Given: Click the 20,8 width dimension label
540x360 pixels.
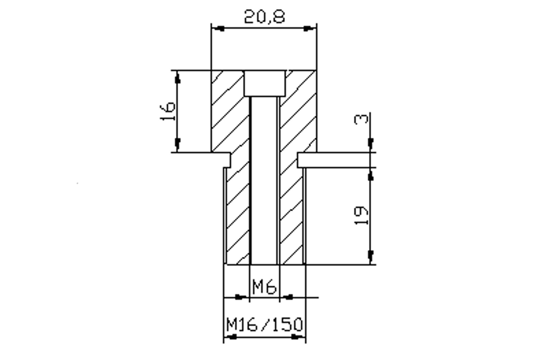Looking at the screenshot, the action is click(x=264, y=17).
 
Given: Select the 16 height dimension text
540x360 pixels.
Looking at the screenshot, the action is click(x=167, y=111).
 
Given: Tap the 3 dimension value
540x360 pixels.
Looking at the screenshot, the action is click(x=361, y=119).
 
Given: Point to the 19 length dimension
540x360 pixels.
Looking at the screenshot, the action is click(x=361, y=215).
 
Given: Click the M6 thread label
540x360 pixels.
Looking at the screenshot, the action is click(x=264, y=287).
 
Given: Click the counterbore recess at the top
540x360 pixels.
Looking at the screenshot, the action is click(x=265, y=83).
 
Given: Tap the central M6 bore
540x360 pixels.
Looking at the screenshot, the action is click(x=264, y=180).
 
